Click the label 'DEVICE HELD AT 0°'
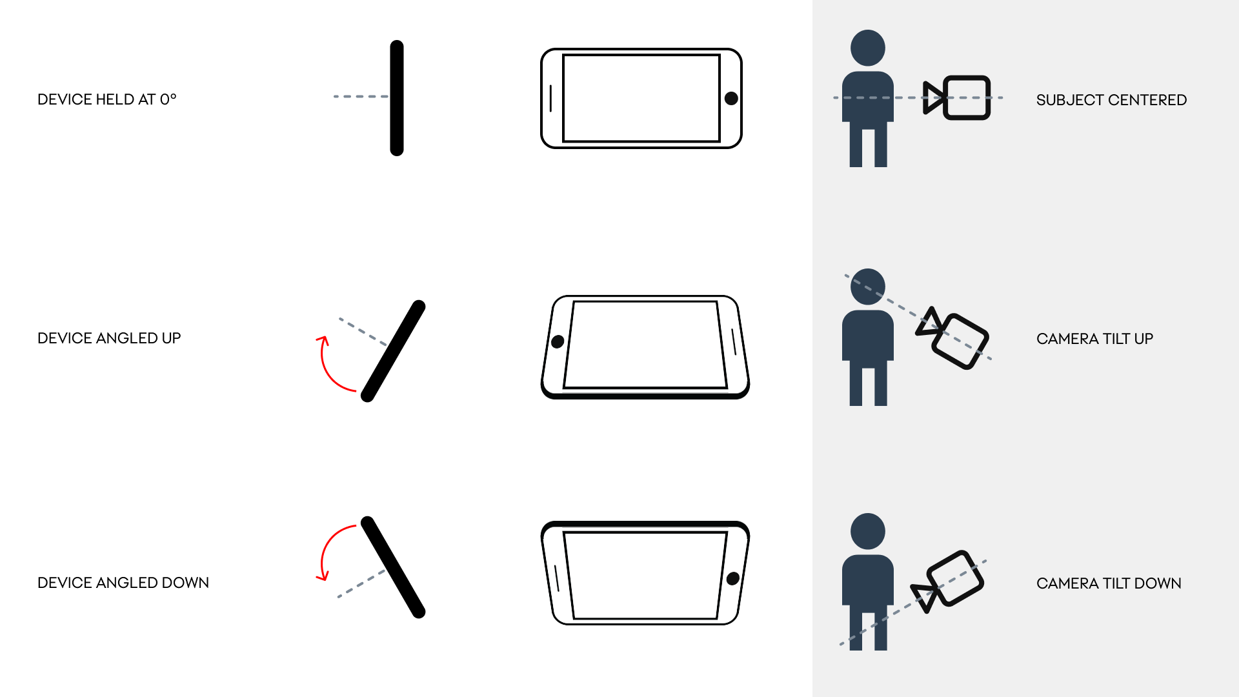[x=107, y=99]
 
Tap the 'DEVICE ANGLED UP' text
[x=109, y=338]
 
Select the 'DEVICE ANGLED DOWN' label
[x=123, y=583]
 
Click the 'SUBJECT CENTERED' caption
[x=1111, y=100]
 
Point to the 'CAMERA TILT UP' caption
[x=1094, y=339]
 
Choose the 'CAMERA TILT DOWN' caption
[x=1109, y=583]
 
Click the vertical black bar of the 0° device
[x=397, y=98]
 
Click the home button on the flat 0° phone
[x=731, y=98]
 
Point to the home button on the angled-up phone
[x=558, y=341]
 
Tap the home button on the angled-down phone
[x=733, y=578]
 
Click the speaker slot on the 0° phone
[x=550, y=98]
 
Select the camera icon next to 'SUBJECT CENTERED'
[x=956, y=98]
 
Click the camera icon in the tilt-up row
[x=952, y=337]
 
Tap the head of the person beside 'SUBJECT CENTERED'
[x=868, y=48]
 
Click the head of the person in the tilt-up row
[x=868, y=287]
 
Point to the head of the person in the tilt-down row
[x=868, y=531]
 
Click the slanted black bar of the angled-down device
[x=393, y=567]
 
